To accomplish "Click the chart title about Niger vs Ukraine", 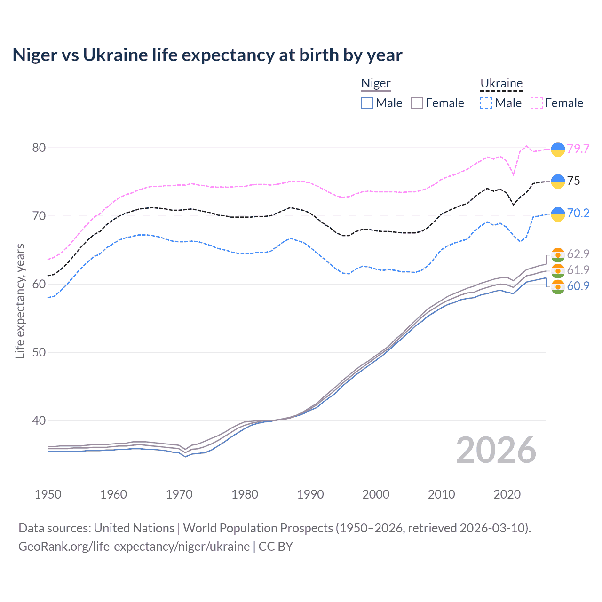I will point(207,55).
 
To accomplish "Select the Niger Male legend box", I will point(367,103).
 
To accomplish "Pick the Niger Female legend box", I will point(417,103).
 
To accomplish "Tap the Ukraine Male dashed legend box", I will point(486,103).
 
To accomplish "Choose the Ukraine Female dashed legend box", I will point(537,103).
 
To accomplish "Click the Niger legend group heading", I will point(376,83).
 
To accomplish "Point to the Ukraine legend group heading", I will point(501,83).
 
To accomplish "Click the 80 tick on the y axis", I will point(39,148).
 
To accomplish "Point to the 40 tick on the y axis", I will point(39,420).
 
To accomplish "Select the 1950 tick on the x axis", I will point(48,494).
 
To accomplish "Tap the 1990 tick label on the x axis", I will point(310,494).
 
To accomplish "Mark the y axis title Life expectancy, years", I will point(20,301).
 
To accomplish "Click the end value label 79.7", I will point(578,149).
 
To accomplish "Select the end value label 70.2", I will point(578,213).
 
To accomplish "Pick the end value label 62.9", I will point(578,254).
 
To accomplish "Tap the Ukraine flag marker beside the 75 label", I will point(558,181).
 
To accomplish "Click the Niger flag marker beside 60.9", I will point(558,286).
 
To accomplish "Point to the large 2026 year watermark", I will point(496,450).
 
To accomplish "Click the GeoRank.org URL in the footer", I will point(134,546).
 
